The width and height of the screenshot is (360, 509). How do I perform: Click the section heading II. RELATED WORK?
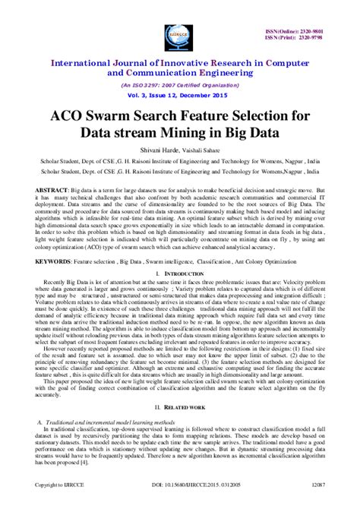pos(180,407)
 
